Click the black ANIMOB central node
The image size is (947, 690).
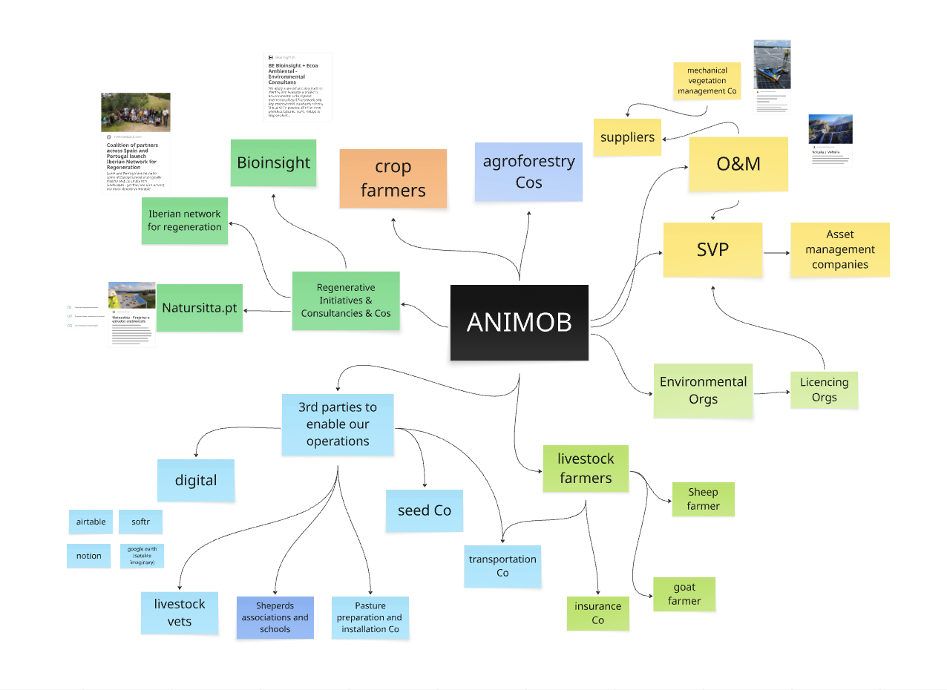pyautogui.click(x=519, y=323)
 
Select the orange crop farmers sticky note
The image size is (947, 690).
pyautogui.click(x=393, y=179)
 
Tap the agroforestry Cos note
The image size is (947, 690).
pyautogui.click(x=528, y=172)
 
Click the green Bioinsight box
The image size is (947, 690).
pyautogui.click(x=273, y=162)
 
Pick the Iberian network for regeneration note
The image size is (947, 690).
pyautogui.click(x=184, y=220)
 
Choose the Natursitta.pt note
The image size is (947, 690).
pyautogui.click(x=200, y=307)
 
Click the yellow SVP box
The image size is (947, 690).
pyautogui.click(x=712, y=250)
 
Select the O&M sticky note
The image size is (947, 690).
pyautogui.click(x=738, y=164)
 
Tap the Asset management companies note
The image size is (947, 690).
pyautogui.click(x=839, y=250)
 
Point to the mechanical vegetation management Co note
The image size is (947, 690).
pyautogui.click(x=707, y=81)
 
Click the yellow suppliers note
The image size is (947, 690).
pyautogui.click(x=627, y=137)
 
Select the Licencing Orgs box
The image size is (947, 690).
pyautogui.click(x=824, y=390)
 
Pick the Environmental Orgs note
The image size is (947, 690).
pyautogui.click(x=703, y=390)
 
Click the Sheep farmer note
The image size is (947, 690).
pyautogui.click(x=703, y=499)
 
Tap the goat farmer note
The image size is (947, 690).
pyautogui.click(x=684, y=594)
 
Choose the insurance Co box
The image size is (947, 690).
pyautogui.click(x=597, y=613)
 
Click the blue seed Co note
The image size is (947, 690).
pyautogui.click(x=424, y=510)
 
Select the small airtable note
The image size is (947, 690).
pyautogui.click(x=91, y=522)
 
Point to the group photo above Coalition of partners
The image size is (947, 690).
pyautogui.click(x=136, y=112)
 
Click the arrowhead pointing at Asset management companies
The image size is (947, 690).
pyautogui.click(x=786, y=252)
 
